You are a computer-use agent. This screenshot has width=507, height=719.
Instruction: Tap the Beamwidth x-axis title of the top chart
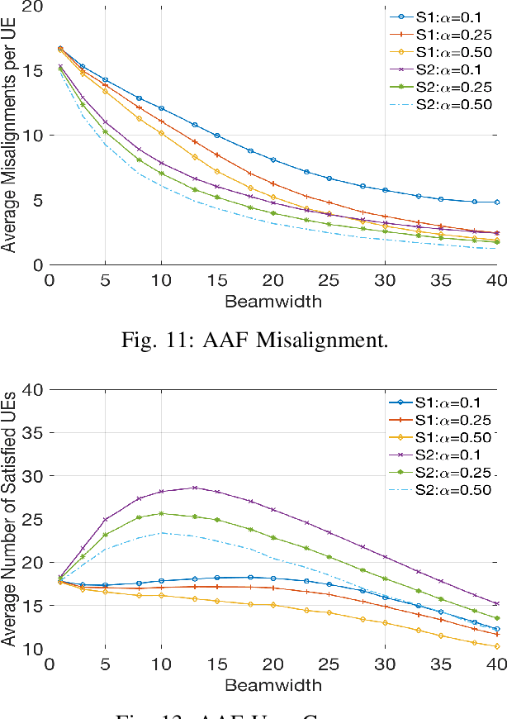pos(272,302)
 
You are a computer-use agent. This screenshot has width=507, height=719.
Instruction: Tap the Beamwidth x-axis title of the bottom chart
pos(272,685)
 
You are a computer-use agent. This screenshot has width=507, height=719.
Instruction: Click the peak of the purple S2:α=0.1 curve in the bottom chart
pos(195,488)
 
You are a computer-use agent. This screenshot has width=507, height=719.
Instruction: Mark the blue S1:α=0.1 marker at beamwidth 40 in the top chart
pos(496,202)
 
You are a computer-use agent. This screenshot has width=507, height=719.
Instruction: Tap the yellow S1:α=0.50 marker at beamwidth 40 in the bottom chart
pos(496,646)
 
